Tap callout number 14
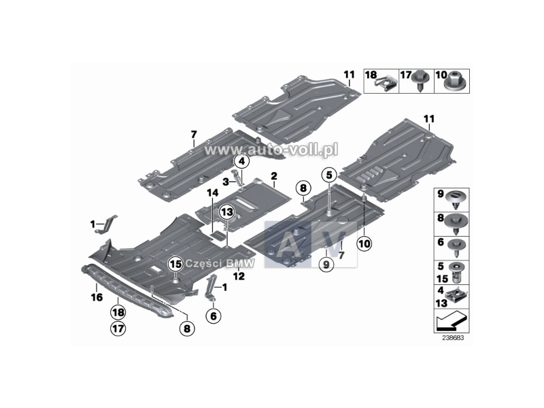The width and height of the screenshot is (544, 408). (213, 194)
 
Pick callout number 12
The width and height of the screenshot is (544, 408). (239, 276)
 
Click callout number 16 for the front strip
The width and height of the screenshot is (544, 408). (97, 297)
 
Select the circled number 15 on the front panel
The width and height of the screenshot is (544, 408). (176, 264)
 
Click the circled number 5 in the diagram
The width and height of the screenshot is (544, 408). (329, 174)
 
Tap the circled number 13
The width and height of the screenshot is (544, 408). (226, 212)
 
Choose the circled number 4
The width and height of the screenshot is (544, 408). (241, 161)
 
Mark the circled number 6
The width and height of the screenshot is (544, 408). (212, 315)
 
